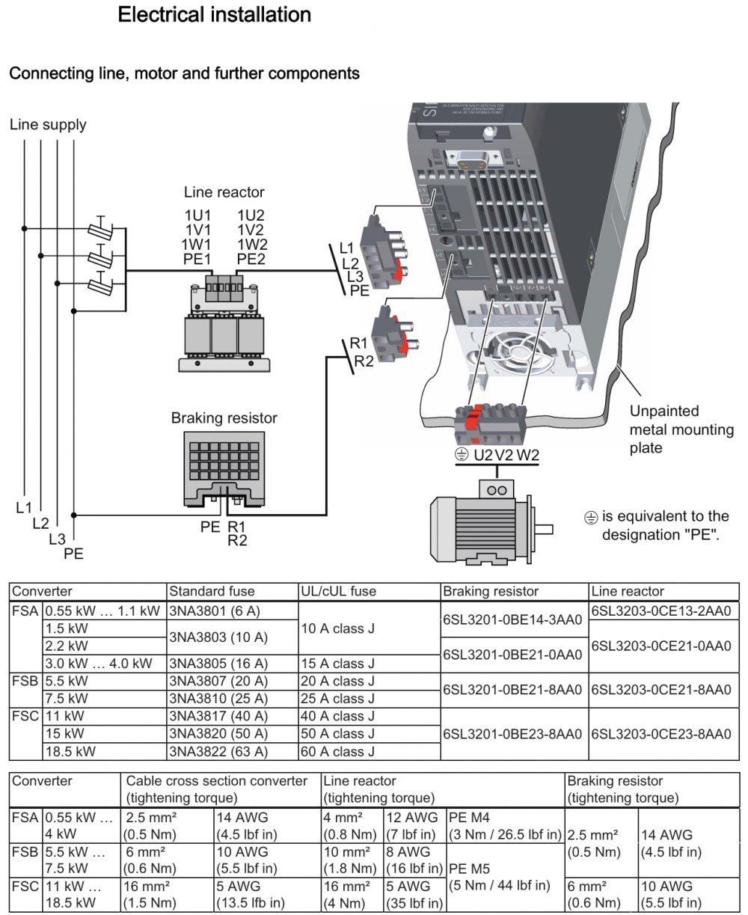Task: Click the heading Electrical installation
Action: click(214, 15)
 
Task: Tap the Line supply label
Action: click(48, 125)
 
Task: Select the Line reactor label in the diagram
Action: click(224, 192)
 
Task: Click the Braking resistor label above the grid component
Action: click(224, 418)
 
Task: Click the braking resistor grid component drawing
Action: click(224, 471)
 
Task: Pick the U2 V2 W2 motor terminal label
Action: click(506, 455)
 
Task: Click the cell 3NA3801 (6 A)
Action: click(215, 611)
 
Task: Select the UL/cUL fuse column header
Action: click(338, 591)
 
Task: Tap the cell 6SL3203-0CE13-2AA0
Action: click(660, 611)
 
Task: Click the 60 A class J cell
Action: click(337, 751)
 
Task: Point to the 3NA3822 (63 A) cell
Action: click(218, 751)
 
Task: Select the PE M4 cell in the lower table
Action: click(470, 817)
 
